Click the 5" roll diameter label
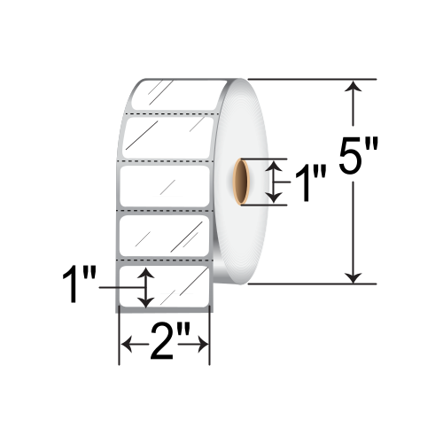tap(358, 155)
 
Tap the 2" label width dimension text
tap(166, 344)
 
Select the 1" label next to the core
tap(310, 183)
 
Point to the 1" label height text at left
tap(79, 285)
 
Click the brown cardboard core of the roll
tap(242, 182)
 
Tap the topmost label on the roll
tap(177, 95)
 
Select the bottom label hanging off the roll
tap(164, 287)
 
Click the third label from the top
tap(165, 186)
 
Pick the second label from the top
tap(168, 137)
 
